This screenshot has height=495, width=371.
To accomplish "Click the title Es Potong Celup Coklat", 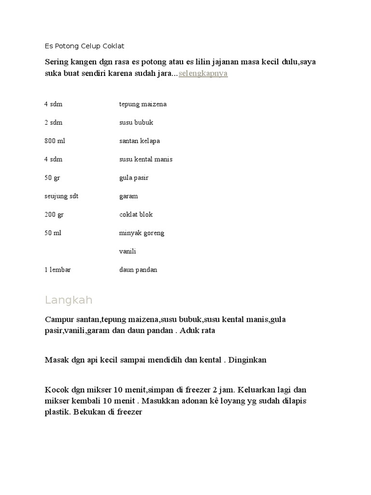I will tap(85, 46).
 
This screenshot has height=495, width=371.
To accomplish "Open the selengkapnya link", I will tap(203, 73).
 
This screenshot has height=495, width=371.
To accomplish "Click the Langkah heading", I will tap(69, 300).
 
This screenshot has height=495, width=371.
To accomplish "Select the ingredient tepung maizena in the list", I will tap(143, 104).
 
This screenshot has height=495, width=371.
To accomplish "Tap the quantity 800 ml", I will tap(55, 141).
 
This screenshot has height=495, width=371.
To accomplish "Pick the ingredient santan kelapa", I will tap(139, 141).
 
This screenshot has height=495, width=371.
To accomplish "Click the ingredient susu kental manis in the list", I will tap(145, 159).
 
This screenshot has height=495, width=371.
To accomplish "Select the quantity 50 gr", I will tap(52, 177).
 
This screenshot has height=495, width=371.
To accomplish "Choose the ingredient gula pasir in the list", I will tap(134, 177).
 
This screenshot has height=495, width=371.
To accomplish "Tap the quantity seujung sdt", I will tap(61, 196).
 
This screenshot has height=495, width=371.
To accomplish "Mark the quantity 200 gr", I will tap(54, 214).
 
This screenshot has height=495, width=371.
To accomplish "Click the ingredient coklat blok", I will tap(136, 214).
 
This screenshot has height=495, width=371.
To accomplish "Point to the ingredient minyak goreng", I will tap(142, 233).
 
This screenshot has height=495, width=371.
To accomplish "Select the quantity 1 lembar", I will tap(57, 269).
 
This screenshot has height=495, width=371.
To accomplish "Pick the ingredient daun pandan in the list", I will tap(138, 269).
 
